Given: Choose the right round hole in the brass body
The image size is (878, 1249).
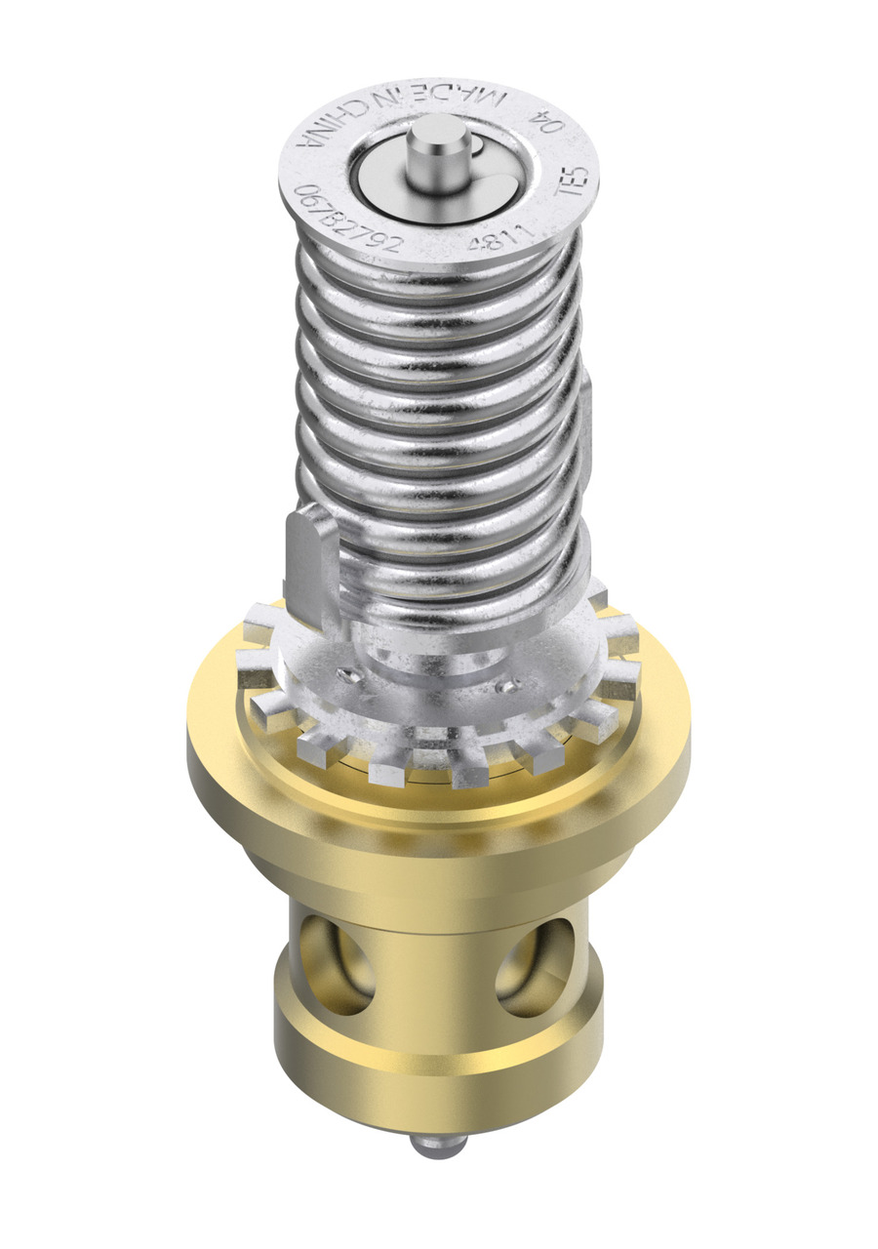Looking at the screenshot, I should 535,966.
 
